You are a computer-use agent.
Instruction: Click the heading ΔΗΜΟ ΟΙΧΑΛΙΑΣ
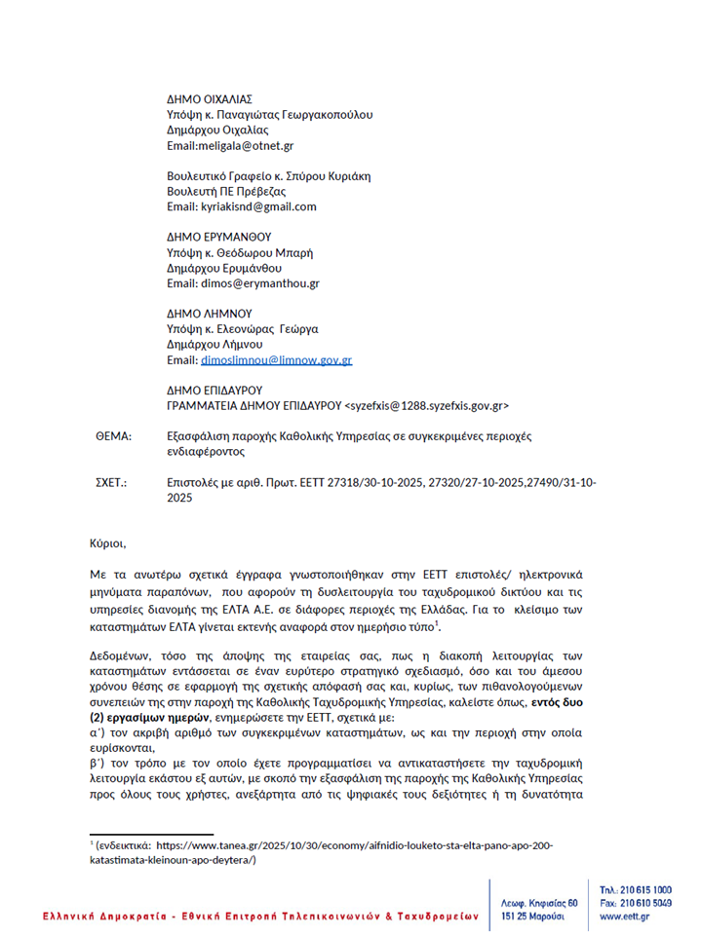tap(210, 99)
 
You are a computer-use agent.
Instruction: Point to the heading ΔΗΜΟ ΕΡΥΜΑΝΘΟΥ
tap(218, 237)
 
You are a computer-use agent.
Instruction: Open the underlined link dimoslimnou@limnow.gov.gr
tap(276, 360)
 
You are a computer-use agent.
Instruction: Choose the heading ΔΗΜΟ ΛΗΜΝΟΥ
tap(210, 314)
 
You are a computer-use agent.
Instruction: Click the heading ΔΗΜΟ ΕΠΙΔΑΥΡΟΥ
tap(215, 390)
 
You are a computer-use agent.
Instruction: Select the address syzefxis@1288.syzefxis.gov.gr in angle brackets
tap(427, 405)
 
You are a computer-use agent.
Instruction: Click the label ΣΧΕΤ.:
tap(110, 482)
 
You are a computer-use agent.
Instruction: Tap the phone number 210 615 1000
tap(644, 890)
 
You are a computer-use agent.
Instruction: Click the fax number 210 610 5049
tap(644, 904)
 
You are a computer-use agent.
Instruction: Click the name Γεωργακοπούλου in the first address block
tap(326, 115)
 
